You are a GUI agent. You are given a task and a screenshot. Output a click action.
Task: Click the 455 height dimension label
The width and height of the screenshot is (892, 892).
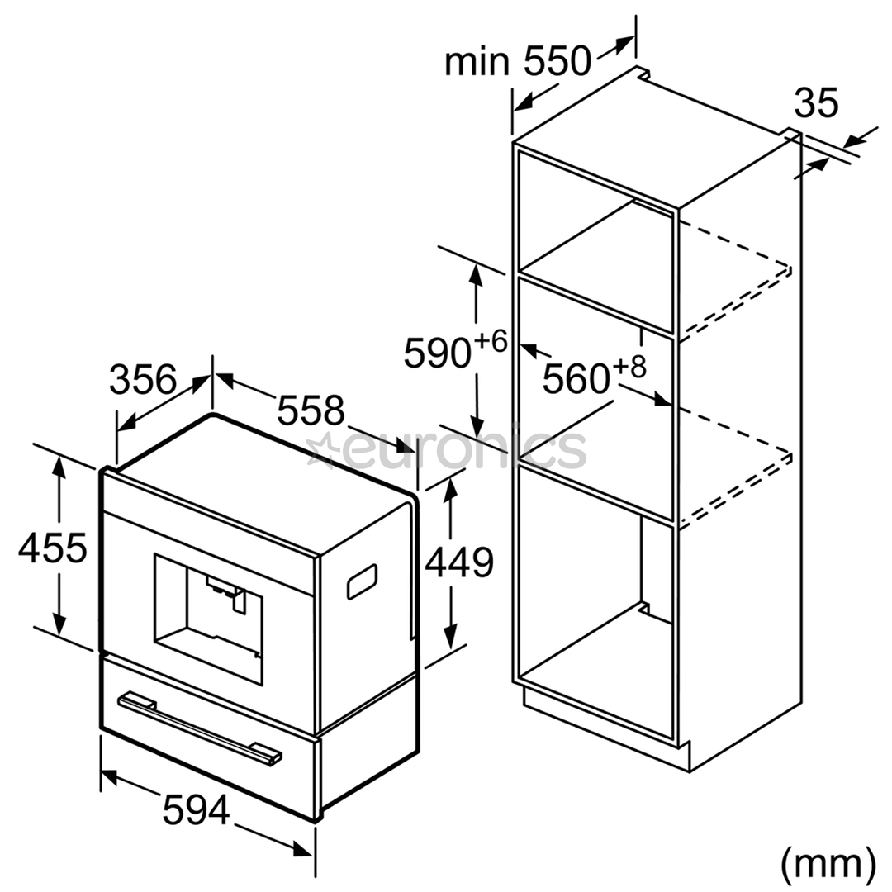tap(53, 548)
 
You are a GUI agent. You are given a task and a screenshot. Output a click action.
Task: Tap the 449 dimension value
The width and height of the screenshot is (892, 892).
tap(459, 562)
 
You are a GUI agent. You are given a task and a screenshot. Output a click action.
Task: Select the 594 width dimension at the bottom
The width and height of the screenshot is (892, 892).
tap(197, 809)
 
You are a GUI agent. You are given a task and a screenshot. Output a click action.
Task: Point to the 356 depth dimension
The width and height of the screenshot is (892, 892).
tap(143, 379)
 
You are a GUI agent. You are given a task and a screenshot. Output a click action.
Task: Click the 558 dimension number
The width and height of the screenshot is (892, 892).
tap(311, 410)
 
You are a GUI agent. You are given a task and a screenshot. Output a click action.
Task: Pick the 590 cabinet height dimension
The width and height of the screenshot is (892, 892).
tap(438, 353)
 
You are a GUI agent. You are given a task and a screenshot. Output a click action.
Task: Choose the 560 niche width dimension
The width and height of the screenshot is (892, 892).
tap(576, 378)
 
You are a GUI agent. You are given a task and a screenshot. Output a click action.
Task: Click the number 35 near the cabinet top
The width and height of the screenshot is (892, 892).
tap(816, 103)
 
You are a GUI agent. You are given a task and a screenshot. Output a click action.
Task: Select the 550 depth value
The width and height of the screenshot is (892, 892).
tap(557, 61)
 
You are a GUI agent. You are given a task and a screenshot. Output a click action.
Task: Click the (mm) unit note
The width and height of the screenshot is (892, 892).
tap(828, 864)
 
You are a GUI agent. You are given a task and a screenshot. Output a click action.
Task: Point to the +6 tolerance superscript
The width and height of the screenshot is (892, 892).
tap(491, 342)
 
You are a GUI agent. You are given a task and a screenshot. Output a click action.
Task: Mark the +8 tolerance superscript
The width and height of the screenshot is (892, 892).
tap(629, 367)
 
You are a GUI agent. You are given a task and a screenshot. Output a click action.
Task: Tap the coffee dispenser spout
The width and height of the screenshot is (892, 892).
tap(228, 593)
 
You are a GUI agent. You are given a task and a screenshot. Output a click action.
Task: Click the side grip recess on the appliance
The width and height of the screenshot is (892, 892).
tap(363, 581)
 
